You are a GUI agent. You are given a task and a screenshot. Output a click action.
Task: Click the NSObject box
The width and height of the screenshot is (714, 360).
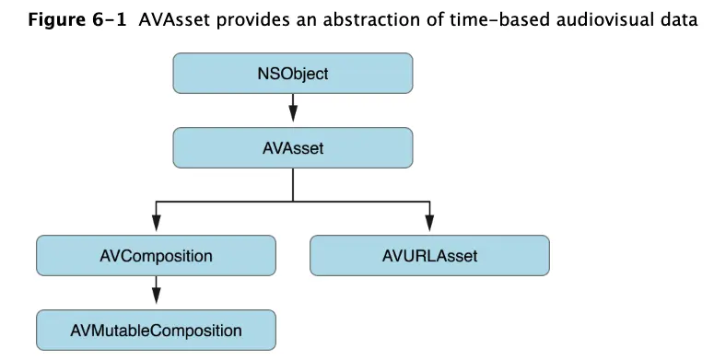[292, 74]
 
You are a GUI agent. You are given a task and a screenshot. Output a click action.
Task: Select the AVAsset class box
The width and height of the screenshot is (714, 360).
[292, 147]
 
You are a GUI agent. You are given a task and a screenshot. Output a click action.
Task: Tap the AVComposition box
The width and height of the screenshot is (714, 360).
[156, 255]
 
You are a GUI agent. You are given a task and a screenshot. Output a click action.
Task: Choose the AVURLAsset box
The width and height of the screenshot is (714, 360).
[429, 255]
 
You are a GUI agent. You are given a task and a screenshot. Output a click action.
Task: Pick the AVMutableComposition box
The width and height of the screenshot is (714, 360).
[156, 330]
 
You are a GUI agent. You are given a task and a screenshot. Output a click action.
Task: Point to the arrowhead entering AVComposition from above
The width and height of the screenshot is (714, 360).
[156, 225]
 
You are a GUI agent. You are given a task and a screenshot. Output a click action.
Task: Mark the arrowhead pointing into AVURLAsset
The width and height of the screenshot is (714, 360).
[429, 225]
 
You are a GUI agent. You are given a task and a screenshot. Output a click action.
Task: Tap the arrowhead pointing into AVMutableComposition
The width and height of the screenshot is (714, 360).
[156, 298]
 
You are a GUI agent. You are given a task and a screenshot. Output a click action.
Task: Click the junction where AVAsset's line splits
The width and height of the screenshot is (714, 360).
[292, 200]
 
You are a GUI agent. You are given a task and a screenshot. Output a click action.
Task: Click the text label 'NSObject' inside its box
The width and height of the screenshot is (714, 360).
[292, 74]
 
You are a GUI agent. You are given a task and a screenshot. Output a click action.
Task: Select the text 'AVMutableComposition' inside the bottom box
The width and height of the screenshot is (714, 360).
[156, 330]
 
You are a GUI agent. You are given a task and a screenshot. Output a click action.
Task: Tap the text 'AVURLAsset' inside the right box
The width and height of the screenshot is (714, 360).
[429, 255]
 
